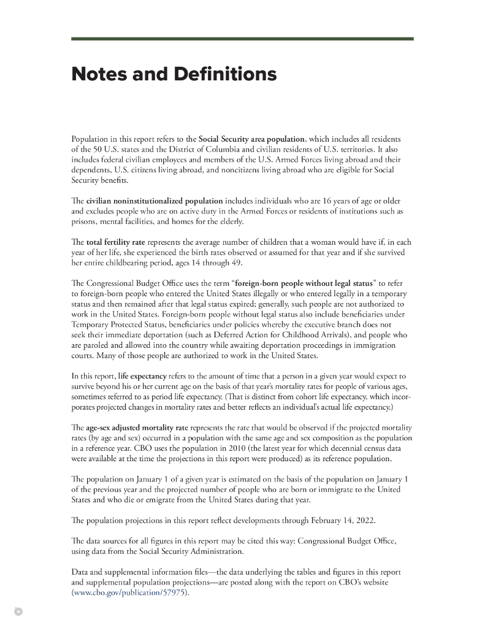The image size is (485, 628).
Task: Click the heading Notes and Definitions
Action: click(174, 75)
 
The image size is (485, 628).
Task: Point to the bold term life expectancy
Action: click(142, 374)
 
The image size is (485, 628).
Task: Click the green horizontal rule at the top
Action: click(242, 39)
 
